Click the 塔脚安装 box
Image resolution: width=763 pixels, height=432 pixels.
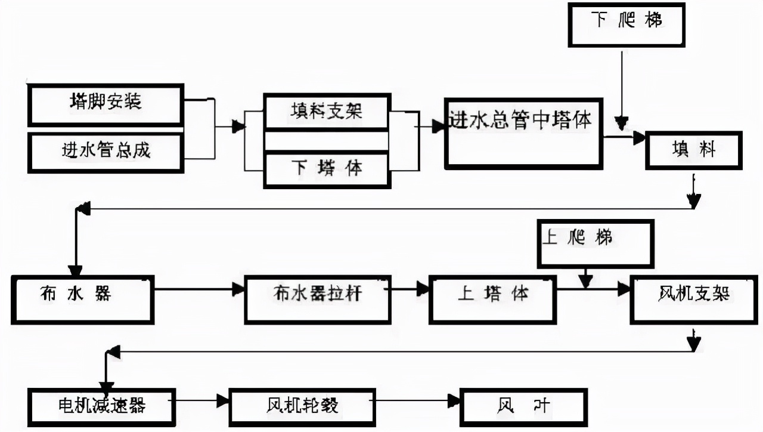[106, 104]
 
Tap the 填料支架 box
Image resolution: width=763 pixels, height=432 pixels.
[327, 112]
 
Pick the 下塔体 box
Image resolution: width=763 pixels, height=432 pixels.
[327, 169]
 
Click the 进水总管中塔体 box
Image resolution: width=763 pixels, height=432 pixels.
[523, 132]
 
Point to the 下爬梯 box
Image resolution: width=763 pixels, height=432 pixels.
[626, 24]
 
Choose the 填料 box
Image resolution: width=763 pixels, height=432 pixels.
[693, 150]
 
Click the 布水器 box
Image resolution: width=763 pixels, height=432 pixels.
[82, 299]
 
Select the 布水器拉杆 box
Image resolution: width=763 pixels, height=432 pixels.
[318, 299]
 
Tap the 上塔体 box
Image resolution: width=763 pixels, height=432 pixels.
[492, 299]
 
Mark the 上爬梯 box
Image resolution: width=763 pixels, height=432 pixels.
[595, 243]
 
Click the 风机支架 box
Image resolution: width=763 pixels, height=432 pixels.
[694, 299]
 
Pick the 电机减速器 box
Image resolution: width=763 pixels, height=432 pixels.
[101, 407]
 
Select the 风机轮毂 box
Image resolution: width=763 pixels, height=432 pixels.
[302, 407]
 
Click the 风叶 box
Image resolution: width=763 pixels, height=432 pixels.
[523, 407]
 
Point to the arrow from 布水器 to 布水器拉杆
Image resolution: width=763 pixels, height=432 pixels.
[199, 289]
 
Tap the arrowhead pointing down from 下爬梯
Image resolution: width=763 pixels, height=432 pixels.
[622, 124]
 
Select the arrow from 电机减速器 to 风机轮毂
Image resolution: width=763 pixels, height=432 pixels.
[202, 400]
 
